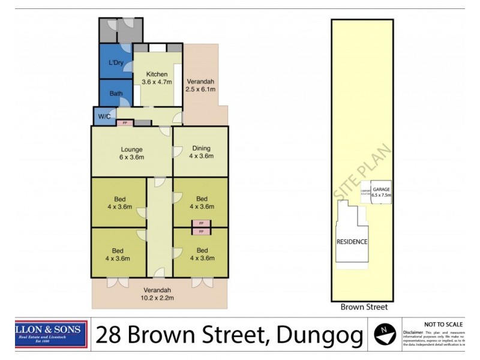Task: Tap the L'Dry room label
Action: [116, 63]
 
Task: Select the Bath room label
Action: [116, 94]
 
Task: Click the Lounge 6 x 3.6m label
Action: [131, 153]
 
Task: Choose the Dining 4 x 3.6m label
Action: [201, 153]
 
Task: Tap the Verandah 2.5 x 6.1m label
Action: [200, 85]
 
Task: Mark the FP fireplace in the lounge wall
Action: [125, 123]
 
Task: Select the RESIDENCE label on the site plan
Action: [352, 242]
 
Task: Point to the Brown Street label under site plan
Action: [364, 307]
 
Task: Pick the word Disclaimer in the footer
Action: [413, 332]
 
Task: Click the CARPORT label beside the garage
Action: [365, 192]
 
